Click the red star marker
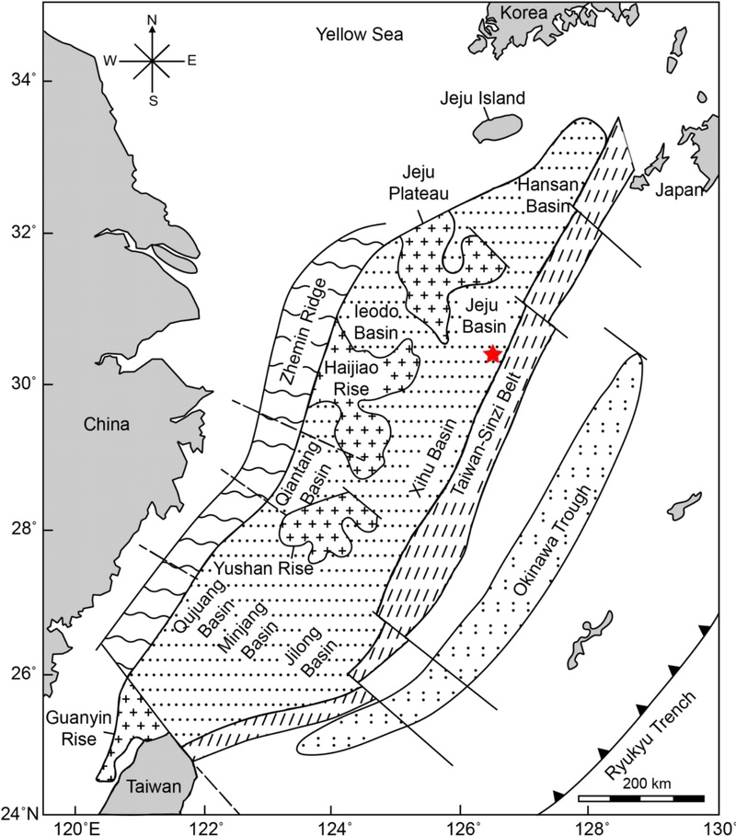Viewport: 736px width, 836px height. tap(493, 354)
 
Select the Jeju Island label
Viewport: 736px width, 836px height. tap(482, 98)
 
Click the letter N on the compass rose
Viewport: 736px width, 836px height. tap(153, 18)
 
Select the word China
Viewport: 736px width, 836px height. tap(103, 425)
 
